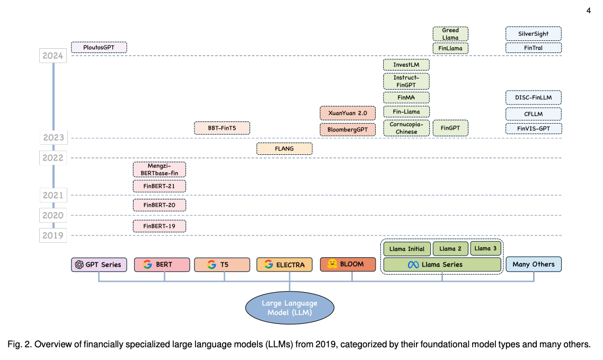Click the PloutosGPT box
(x=99, y=48)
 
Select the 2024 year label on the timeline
(x=53, y=56)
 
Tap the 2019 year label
(x=53, y=235)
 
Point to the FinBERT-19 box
(x=159, y=226)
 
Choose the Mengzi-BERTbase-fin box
(x=159, y=169)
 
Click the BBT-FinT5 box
(x=222, y=128)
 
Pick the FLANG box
(x=285, y=149)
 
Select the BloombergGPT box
(x=348, y=129)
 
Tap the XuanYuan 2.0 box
(x=348, y=113)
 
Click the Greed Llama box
(x=450, y=34)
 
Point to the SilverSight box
(x=533, y=34)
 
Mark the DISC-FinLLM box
(x=533, y=98)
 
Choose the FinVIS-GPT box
(x=533, y=128)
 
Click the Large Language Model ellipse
(x=289, y=308)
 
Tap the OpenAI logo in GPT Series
(x=79, y=265)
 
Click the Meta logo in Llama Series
(x=413, y=265)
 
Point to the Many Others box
(x=533, y=264)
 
